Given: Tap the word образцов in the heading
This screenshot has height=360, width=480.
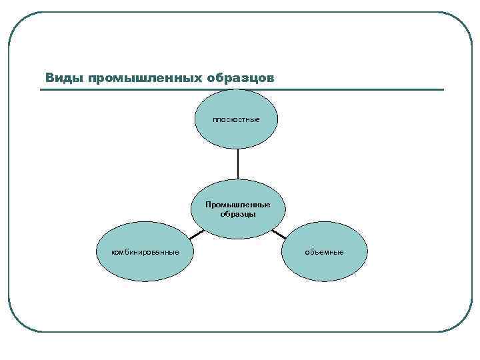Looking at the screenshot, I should coord(240,78).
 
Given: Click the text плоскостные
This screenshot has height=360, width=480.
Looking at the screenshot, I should coord(236,120).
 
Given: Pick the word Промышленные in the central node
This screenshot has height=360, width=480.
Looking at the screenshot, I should coord(238,204).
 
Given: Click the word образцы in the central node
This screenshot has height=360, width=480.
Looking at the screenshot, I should coord(238,214).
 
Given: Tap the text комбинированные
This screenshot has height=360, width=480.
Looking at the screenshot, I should coord(145,252).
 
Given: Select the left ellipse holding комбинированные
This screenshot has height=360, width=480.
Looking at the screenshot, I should coord(145,267).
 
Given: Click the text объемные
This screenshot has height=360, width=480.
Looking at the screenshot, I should coord(325,252).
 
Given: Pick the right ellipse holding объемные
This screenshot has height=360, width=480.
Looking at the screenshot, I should coord(325,267).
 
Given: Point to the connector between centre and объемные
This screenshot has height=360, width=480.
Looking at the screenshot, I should coord(279,234).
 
